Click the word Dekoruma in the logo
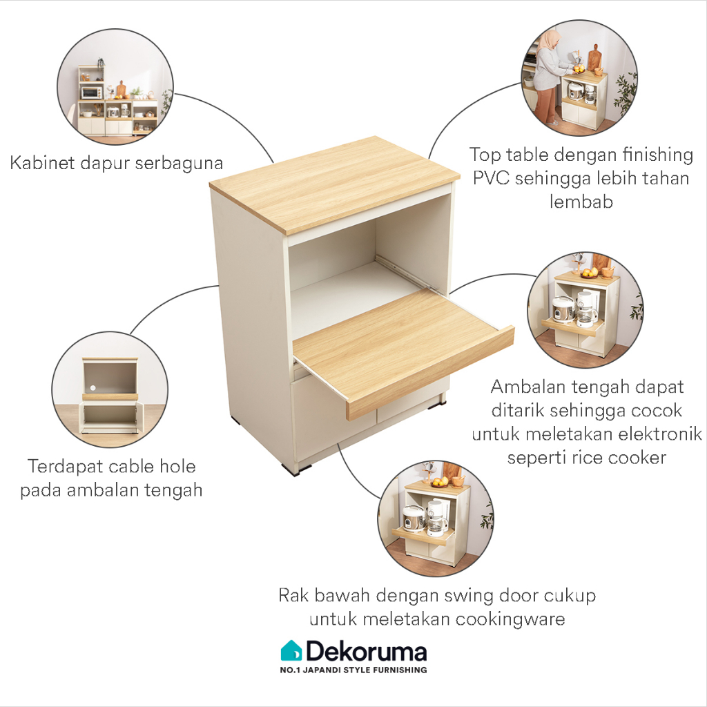coord(366,652)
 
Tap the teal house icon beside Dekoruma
coord(291,650)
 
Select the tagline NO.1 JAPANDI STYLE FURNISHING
coord(353,670)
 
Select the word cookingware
coord(509,619)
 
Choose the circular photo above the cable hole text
coord(110,390)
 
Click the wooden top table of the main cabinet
coord(335,183)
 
